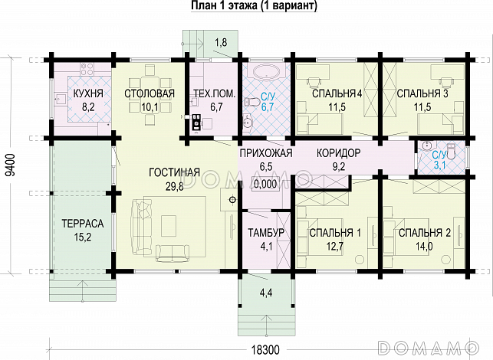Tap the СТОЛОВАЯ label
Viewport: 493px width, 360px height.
point(150,94)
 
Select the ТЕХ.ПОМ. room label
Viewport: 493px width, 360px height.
point(211,94)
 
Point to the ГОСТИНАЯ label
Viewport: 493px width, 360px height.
point(175,172)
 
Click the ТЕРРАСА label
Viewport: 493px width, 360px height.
point(83,224)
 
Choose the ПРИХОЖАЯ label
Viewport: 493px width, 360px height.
point(266,153)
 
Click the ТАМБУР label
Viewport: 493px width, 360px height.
point(266,233)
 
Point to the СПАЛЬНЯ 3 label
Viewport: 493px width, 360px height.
point(422,94)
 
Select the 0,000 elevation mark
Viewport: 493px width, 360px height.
point(265,184)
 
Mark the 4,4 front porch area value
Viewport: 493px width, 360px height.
point(266,293)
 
